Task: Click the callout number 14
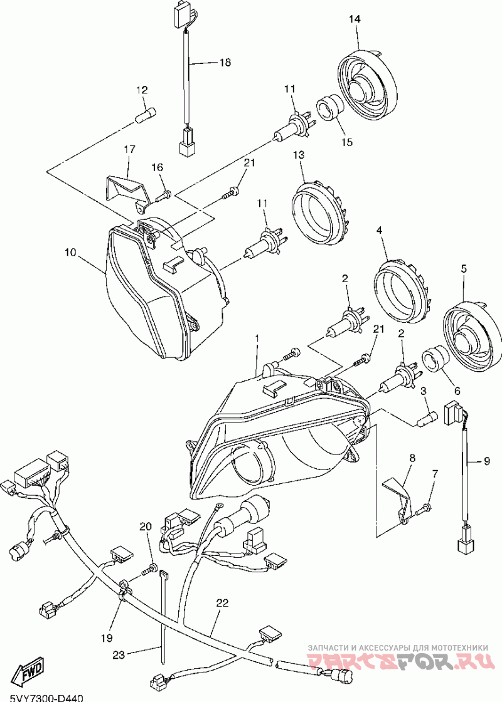[x=355, y=19]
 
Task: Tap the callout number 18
[x=225, y=63]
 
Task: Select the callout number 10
[x=70, y=253]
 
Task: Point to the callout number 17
[x=129, y=150]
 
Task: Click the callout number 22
[x=222, y=603]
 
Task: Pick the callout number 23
[x=119, y=655]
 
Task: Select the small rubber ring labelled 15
[x=331, y=107]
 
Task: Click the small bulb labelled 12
[x=146, y=115]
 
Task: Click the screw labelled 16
[x=164, y=195]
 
